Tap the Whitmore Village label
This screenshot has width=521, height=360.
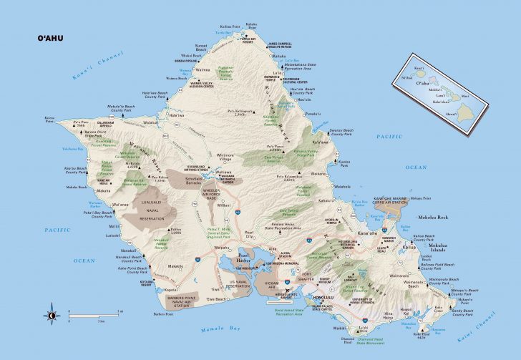[x=224, y=157]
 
